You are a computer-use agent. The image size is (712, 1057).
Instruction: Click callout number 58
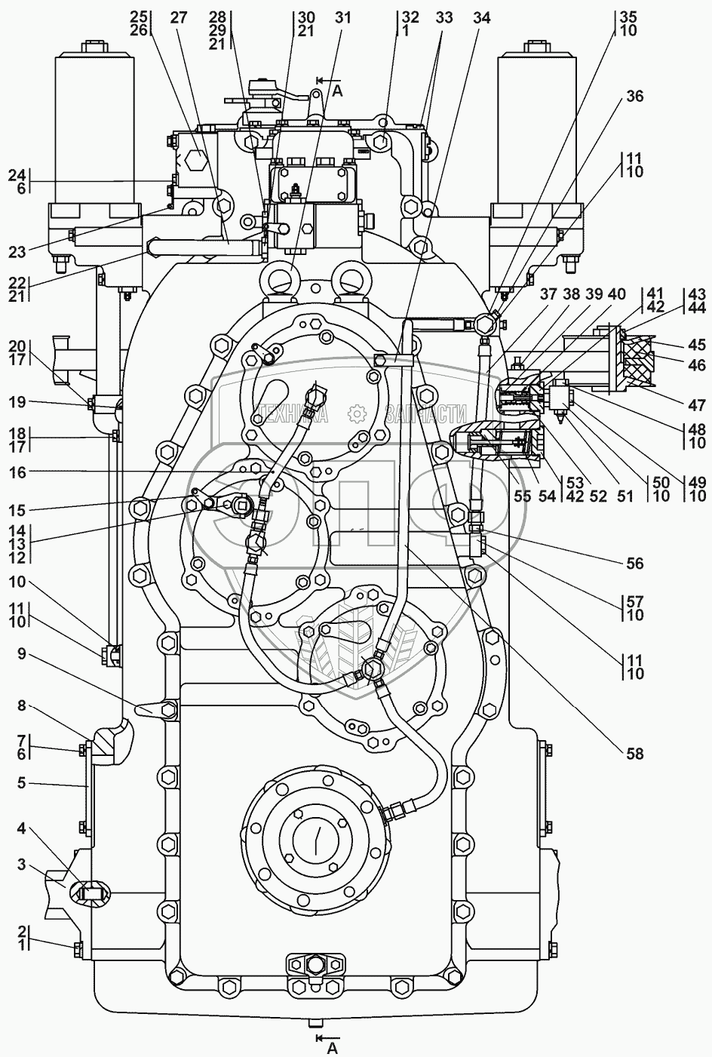coord(635,754)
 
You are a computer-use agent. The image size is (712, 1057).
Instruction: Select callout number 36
coord(635,96)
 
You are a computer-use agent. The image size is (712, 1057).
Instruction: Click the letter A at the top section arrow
coord(337,91)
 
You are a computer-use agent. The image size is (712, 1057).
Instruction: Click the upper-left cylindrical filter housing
coord(95,117)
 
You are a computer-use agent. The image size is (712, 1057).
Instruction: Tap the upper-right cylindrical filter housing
coord(536,117)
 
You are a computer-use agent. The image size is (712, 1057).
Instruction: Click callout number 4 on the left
coord(23,829)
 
